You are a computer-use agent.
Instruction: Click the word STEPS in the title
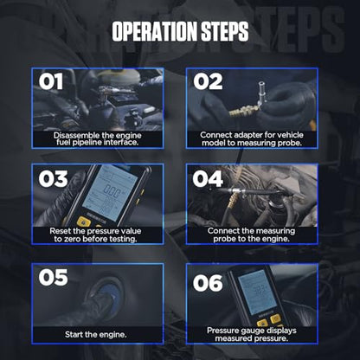click(x=225, y=31)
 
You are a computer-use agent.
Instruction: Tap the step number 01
click(x=51, y=81)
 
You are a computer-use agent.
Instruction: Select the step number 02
click(x=208, y=81)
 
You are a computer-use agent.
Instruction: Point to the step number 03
click(x=53, y=178)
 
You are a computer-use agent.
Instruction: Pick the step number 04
click(x=208, y=178)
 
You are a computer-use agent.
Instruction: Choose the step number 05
click(x=53, y=277)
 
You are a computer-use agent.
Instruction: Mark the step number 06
click(x=208, y=283)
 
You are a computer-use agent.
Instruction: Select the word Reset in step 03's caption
click(x=61, y=231)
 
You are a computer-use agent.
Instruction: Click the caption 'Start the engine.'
click(x=96, y=335)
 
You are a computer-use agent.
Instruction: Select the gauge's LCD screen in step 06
click(x=257, y=292)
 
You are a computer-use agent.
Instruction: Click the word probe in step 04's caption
click(x=223, y=239)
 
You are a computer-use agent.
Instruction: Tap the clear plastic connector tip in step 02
click(x=262, y=93)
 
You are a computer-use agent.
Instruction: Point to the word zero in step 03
click(x=71, y=239)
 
